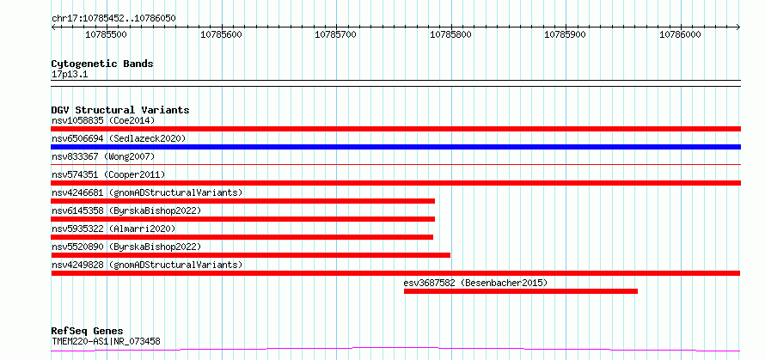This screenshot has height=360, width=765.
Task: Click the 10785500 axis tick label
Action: (106, 34)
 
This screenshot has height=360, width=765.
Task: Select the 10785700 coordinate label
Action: (336, 34)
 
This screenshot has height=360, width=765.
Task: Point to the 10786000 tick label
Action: (680, 34)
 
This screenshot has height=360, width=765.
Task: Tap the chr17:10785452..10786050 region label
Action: (113, 19)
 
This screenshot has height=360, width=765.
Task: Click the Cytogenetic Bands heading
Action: (102, 64)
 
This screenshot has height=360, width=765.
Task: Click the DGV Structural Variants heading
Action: (120, 110)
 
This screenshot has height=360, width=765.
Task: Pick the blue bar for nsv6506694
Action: (395, 147)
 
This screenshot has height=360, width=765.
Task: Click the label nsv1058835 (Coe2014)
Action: (103, 120)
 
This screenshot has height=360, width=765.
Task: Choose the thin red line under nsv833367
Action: (395, 165)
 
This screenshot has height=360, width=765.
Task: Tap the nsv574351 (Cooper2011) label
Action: (108, 174)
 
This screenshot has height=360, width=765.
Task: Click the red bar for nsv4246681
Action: (243, 201)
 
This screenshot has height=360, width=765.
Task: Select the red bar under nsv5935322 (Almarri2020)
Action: (242, 237)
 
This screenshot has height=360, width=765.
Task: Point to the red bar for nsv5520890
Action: (251, 255)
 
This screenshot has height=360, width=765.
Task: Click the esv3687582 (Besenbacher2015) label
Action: (475, 283)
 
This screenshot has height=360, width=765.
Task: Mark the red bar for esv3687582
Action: (521, 291)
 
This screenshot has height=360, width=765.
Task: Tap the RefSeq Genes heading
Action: (87, 332)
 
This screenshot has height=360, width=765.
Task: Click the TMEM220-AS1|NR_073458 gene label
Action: (106, 341)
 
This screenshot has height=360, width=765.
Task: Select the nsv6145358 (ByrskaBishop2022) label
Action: (126, 211)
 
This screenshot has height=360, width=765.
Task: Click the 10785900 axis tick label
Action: (565, 34)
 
